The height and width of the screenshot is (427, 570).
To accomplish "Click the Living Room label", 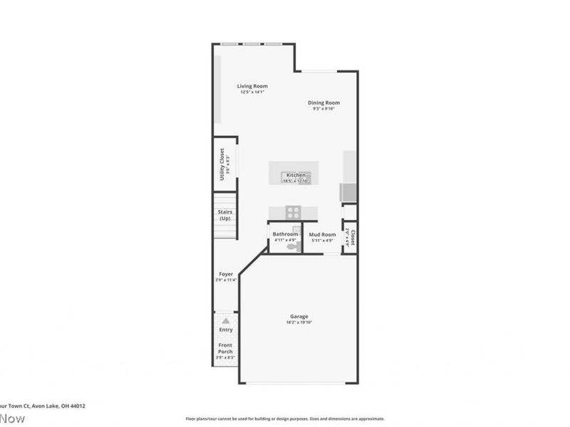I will [252, 86].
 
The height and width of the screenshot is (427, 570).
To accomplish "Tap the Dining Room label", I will [323, 102].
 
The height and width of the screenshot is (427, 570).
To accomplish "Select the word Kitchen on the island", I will [296, 175].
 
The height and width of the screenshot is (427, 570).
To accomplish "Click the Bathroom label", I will [285, 234].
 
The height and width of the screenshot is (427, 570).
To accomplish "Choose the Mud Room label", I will [322, 234].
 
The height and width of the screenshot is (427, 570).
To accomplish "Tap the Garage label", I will [299, 317].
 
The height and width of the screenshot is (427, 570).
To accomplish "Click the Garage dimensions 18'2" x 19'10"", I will [299, 323].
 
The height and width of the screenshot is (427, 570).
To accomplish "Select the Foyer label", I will [225, 274].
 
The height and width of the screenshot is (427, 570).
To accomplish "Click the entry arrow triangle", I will [226, 321].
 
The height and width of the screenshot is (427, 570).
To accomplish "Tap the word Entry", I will [226, 330].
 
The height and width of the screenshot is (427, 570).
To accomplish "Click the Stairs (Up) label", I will [224, 214].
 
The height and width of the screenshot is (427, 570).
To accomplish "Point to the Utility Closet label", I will [222, 164].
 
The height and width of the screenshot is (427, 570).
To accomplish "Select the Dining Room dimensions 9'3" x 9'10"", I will [323, 109].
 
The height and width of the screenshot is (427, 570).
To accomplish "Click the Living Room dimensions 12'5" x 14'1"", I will [252, 93].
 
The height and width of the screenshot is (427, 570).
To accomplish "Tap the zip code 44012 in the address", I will [77, 406].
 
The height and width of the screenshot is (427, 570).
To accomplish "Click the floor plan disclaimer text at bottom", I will [285, 418].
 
